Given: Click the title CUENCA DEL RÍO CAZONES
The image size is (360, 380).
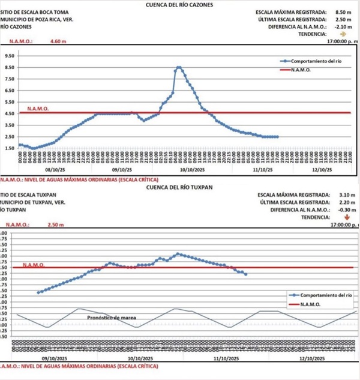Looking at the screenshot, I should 179,5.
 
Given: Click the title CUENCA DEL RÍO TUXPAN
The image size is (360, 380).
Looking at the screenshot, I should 181,187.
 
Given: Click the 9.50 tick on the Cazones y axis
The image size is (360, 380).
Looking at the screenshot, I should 9,55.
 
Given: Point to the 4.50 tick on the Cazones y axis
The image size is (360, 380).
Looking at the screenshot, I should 9,113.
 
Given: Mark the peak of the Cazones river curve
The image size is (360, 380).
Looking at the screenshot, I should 179,67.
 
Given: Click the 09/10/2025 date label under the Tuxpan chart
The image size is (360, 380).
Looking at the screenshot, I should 53,358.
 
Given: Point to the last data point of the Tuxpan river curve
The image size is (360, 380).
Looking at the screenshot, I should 246,274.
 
